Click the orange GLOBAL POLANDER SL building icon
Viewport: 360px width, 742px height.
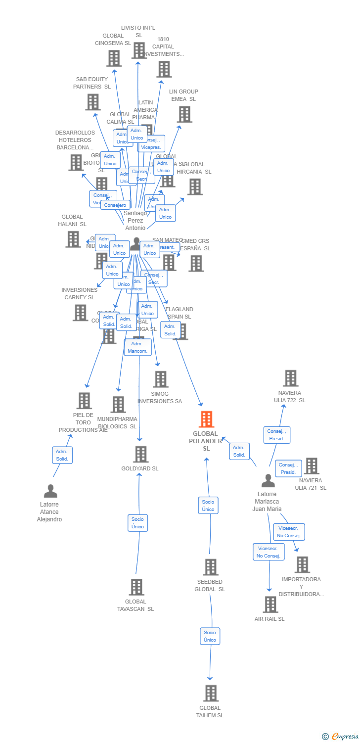click(206, 419)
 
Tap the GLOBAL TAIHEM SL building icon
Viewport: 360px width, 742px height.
click(211, 694)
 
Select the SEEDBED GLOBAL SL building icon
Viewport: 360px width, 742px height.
click(211, 567)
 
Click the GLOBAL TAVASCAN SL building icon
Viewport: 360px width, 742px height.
click(136, 587)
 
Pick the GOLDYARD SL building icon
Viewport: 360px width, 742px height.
click(141, 454)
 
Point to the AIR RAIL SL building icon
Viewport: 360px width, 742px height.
click(270, 604)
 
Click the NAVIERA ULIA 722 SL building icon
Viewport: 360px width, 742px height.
click(291, 378)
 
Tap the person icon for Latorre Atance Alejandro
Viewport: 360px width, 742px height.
click(50, 491)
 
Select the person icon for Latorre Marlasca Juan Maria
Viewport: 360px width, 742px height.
click(268, 481)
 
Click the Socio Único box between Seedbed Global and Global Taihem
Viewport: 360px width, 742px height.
click(210, 636)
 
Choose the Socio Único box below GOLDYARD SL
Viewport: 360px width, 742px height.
click(137, 523)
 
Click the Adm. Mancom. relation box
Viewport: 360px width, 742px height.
click(137, 347)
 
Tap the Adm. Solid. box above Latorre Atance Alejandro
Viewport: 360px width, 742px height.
click(62, 455)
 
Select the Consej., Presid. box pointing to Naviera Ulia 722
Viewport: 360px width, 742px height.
click(276, 435)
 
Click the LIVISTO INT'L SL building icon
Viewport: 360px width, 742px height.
click(139, 50)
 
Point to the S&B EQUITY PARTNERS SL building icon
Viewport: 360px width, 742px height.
click(93, 102)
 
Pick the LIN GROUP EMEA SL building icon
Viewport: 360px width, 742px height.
click(184, 114)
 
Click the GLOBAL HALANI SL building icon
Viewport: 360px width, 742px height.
click(73, 239)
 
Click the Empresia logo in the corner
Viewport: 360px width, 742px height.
click(341, 737)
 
